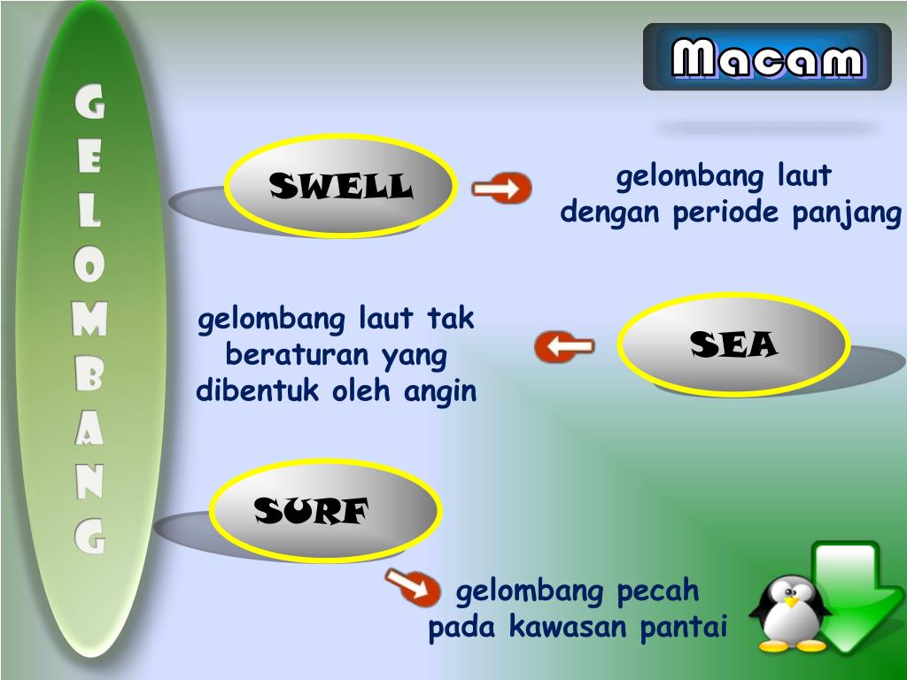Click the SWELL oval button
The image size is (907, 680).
click(x=341, y=187)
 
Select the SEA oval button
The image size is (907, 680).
click(x=733, y=344)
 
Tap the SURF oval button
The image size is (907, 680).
click(x=325, y=511)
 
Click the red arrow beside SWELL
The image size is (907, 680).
click(x=501, y=189)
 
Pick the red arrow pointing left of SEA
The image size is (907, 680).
click(x=564, y=346)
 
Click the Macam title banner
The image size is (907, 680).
click(x=767, y=58)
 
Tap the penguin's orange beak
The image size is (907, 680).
click(x=791, y=601)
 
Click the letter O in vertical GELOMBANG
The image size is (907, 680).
click(x=89, y=266)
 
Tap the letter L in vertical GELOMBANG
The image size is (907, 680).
click(x=89, y=212)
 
